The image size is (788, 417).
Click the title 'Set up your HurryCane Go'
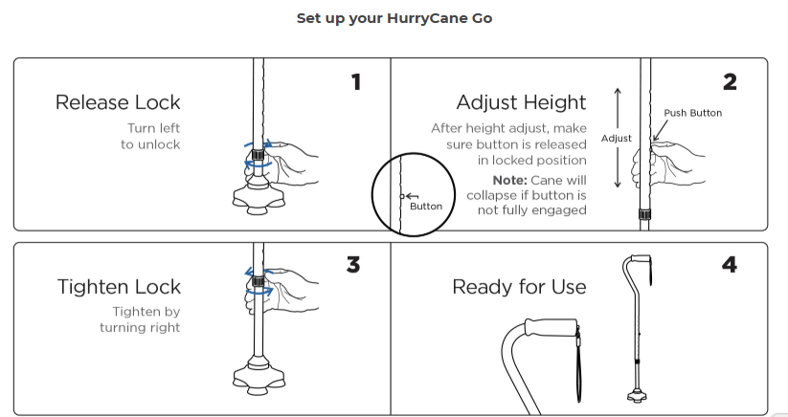[x=394, y=18]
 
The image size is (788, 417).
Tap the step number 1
[x=356, y=82]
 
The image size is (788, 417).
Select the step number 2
[x=730, y=82]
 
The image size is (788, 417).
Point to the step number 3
[x=353, y=265]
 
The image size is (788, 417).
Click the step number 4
[x=730, y=265]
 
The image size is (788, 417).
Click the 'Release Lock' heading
[x=118, y=102]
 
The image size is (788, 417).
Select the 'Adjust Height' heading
[x=521, y=102]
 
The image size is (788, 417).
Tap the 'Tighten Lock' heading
[x=119, y=287]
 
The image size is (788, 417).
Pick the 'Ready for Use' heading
[x=519, y=287]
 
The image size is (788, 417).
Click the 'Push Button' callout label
[x=693, y=113]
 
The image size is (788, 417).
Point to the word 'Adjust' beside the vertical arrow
[x=616, y=139]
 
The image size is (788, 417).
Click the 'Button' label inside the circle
[x=426, y=207]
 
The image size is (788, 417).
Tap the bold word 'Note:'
[x=509, y=180]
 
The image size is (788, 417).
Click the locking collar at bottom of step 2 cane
[x=644, y=215]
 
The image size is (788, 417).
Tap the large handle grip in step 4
[x=552, y=327]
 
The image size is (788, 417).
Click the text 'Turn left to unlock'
[x=150, y=137]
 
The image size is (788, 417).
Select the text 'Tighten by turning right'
[x=140, y=319]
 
